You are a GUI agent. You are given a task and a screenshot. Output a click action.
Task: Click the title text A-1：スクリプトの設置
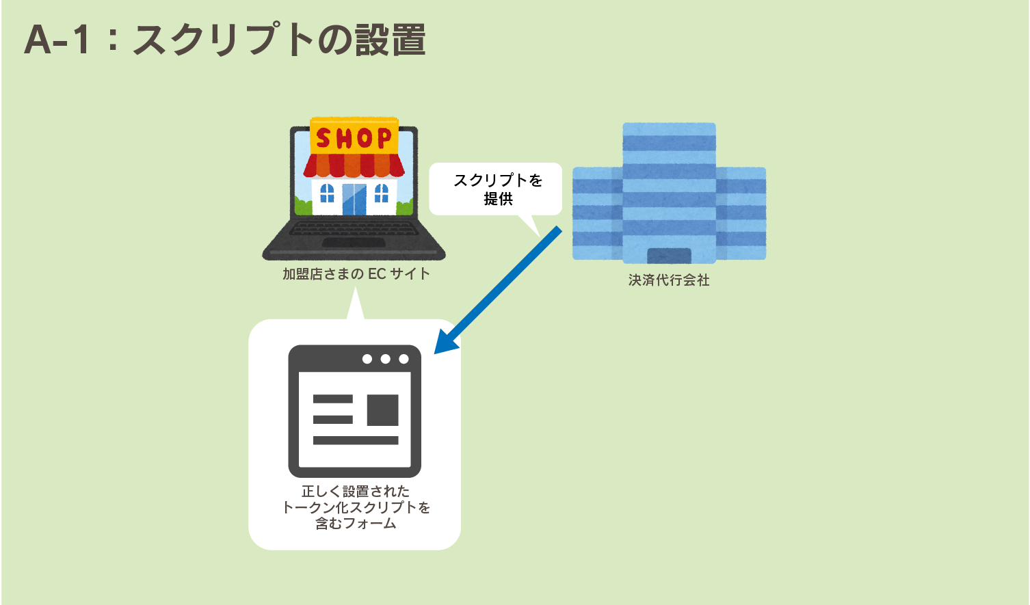(225, 40)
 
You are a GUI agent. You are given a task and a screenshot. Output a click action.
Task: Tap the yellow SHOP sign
(354, 137)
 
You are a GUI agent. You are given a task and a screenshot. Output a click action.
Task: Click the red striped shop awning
(354, 165)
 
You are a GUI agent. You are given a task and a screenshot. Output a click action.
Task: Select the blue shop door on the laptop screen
(354, 198)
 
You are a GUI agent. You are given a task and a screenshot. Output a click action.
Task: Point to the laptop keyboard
(354, 228)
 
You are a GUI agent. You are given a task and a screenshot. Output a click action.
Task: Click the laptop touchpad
(353, 243)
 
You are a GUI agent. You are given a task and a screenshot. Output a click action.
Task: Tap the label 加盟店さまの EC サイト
(356, 274)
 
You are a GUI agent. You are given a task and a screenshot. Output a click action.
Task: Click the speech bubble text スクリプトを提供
(498, 189)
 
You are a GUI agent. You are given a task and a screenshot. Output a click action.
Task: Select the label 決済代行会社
(669, 280)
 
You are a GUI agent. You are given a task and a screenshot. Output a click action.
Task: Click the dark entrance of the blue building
(669, 256)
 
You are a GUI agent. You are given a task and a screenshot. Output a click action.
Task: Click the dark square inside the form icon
(383, 409)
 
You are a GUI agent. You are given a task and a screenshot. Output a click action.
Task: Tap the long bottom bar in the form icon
(356, 440)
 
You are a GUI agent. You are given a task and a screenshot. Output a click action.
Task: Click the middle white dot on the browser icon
(386, 359)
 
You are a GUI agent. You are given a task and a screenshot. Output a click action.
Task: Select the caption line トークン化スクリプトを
(356, 507)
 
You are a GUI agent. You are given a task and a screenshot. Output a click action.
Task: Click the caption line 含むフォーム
(356, 524)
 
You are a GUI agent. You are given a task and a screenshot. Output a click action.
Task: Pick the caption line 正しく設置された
(356, 491)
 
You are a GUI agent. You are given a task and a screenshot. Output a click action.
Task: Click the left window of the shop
(327, 193)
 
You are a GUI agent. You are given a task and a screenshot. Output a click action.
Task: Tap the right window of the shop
(382, 193)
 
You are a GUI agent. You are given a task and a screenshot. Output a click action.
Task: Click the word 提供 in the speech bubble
(499, 199)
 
